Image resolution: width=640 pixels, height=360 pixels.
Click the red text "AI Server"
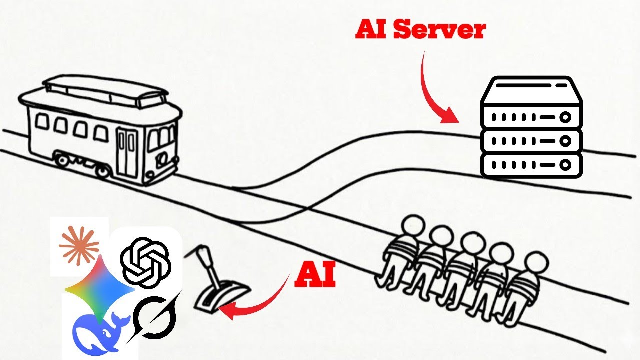420,30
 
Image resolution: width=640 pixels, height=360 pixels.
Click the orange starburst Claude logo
79,245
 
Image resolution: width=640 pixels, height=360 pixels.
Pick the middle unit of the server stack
531,141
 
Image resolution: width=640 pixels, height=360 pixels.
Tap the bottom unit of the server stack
531,164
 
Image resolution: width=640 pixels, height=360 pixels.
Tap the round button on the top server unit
565,118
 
